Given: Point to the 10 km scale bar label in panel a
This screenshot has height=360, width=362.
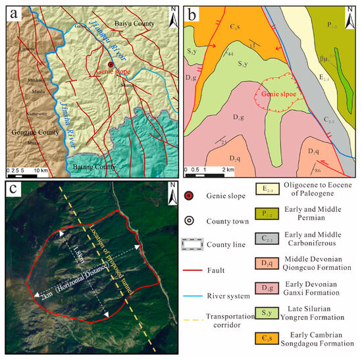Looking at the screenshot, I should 40,170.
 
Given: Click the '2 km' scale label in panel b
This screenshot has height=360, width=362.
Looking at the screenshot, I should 226,170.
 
